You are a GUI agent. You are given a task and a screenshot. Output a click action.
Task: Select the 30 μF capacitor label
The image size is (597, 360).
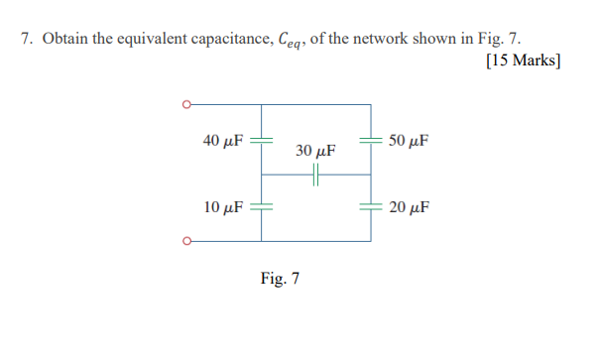click(315, 152)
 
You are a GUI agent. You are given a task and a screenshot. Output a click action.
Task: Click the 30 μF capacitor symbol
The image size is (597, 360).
click(315, 175)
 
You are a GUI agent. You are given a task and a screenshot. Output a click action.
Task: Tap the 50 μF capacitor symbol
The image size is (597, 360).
click(372, 140)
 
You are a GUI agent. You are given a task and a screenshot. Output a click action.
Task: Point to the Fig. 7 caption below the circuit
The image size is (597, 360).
click(280, 278)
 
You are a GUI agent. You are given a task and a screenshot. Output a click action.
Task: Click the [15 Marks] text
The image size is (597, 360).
click(524, 61)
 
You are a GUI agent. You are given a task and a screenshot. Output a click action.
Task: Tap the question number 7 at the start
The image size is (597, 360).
click(27, 40)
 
